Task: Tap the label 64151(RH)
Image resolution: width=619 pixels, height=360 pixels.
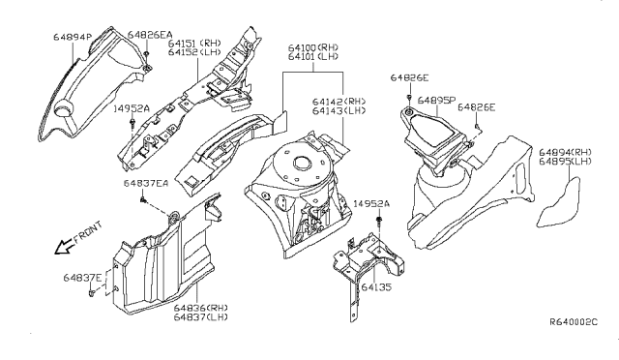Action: pyautogui.click(x=194, y=43)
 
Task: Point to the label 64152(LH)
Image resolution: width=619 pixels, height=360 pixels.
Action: pyautogui.click(x=194, y=52)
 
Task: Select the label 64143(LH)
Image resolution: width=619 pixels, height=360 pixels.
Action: pyautogui.click(x=338, y=112)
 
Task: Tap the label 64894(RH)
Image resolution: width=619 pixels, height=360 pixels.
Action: pyautogui.click(x=568, y=152)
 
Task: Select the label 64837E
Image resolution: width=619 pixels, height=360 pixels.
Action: pyautogui.click(x=82, y=278)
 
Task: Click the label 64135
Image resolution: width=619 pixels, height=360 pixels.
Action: pyautogui.click(x=377, y=286)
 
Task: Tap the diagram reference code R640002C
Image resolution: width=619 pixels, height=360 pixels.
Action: pyautogui.click(x=574, y=321)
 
